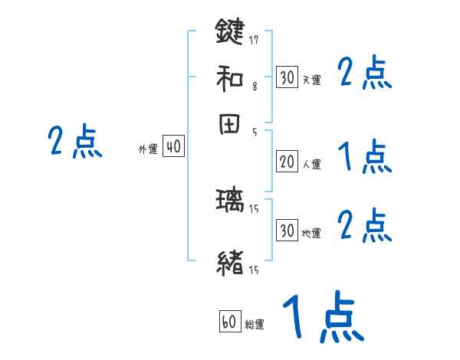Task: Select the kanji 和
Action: [x=229, y=78]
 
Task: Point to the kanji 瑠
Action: [x=229, y=203]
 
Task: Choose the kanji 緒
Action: [x=229, y=262]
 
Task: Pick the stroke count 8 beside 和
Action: [x=255, y=87]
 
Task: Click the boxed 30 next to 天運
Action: [x=287, y=77]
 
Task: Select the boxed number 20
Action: [x=287, y=162]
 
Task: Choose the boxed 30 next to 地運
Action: [x=287, y=231]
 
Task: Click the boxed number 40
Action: [x=173, y=146]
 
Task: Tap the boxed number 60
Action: [x=229, y=322]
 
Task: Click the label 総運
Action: [x=255, y=325]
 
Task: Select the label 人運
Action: [x=311, y=164]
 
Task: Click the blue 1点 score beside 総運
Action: [x=323, y=318]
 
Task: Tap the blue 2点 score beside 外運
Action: [x=75, y=142]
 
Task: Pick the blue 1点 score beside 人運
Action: [x=365, y=159]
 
